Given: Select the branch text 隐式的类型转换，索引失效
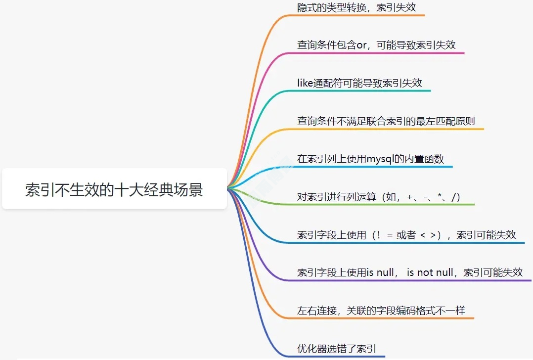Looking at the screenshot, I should click(356, 7).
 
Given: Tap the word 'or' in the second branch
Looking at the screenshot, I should click(361, 45).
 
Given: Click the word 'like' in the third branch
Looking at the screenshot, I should click(305, 83).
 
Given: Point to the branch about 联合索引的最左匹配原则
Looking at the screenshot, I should click(386, 121).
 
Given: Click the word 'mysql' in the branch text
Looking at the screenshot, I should click(379, 159).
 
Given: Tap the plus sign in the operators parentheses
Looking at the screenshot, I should click(409, 198).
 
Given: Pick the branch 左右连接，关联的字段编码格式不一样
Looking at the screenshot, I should click(381, 311).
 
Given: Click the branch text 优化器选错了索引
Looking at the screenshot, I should click(337, 349).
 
